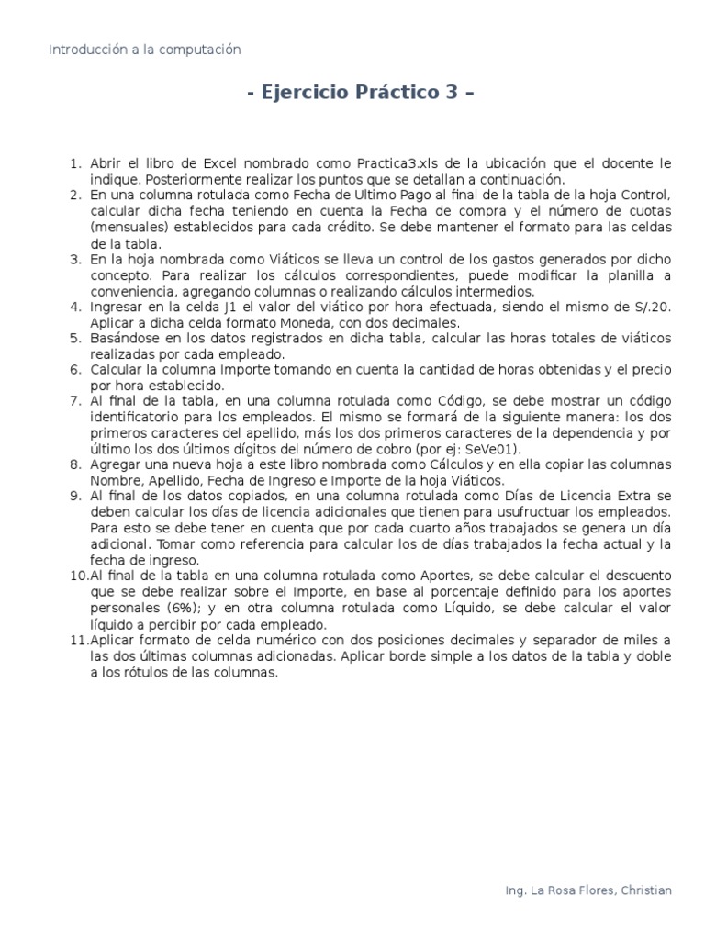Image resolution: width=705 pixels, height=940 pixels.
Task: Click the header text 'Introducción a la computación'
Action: click(144, 50)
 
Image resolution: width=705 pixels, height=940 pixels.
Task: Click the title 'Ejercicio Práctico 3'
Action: click(361, 94)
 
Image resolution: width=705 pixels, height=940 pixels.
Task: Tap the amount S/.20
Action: click(649, 308)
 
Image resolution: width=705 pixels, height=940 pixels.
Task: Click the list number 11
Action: click(78, 640)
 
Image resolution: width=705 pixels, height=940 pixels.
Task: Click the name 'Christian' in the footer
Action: click(645, 890)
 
